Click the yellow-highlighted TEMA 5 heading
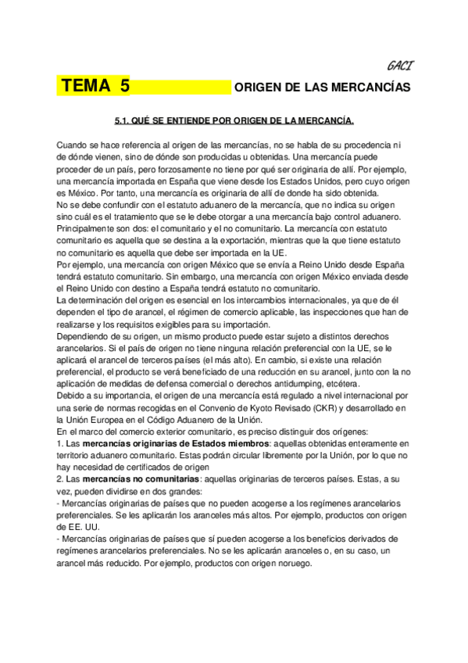(95, 87)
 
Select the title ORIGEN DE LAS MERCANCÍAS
(322, 88)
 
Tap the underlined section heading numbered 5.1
(234, 120)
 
